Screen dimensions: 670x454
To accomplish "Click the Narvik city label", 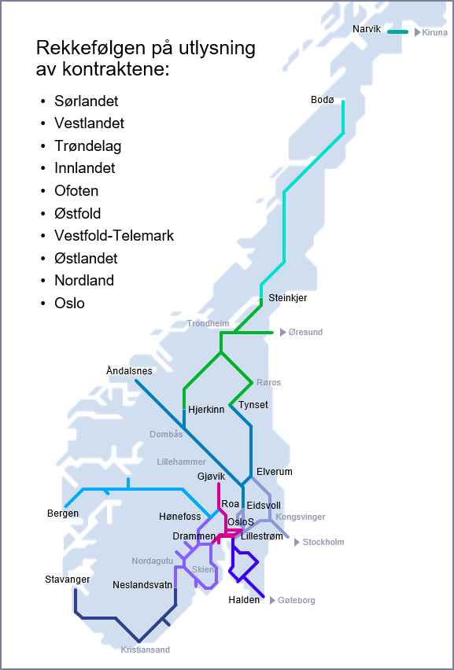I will (x=366, y=28).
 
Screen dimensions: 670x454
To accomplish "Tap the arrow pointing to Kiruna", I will (x=418, y=32).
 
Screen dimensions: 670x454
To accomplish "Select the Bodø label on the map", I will (x=323, y=100).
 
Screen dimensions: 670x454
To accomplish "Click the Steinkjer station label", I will (x=287, y=298).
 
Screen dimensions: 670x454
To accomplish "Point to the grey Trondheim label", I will (x=208, y=323).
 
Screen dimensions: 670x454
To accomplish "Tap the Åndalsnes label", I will (x=129, y=370).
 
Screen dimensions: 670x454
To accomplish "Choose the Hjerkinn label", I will (x=206, y=409).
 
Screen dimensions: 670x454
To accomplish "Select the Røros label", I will (x=268, y=382).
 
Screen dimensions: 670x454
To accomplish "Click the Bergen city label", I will (x=63, y=514).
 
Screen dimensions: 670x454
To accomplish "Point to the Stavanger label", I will (x=67, y=580).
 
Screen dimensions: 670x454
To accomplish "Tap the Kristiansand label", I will (x=145, y=650).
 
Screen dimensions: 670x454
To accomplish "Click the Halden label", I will (x=243, y=599).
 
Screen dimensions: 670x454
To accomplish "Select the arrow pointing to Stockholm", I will (x=297, y=542).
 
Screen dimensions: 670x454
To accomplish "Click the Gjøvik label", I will (x=211, y=477).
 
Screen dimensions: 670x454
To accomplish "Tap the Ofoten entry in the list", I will (x=76, y=190).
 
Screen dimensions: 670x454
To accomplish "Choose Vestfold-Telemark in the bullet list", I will (x=114, y=235).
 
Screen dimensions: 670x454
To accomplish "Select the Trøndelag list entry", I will (x=87, y=145).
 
